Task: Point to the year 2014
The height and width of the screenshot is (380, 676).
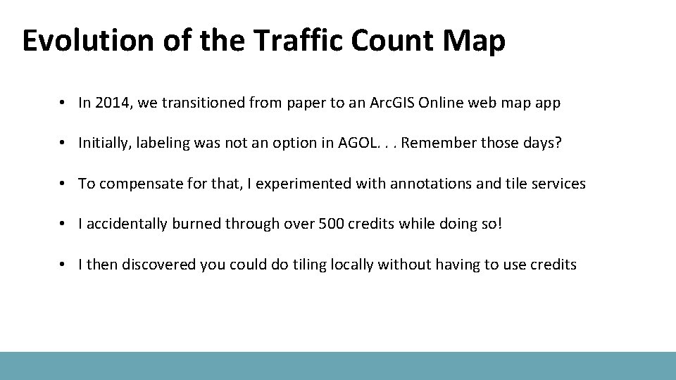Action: (x=113, y=103)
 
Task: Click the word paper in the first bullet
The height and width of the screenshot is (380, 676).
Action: (x=304, y=103)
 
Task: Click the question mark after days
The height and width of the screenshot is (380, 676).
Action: (x=558, y=144)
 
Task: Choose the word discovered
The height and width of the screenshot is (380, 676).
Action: (x=159, y=265)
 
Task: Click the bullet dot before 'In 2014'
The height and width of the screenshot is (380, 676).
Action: (x=63, y=103)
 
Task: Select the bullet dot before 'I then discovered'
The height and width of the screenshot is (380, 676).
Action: (x=63, y=265)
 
